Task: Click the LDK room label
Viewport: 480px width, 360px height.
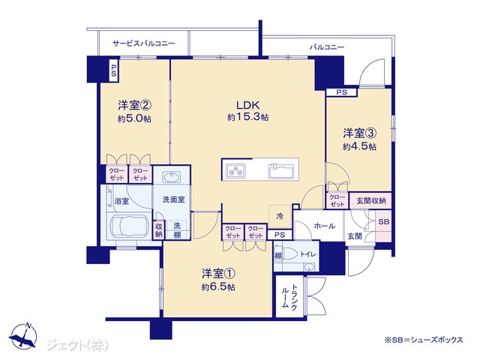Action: point(248,105)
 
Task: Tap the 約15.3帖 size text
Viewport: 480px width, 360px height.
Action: point(248,117)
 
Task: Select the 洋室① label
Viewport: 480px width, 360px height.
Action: point(218,274)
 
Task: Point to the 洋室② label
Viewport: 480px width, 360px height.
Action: point(135,106)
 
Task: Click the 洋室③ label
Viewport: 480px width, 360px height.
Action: point(360,133)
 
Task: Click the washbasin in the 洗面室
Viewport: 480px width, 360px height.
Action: point(172,178)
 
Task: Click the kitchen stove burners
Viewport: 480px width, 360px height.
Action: point(235,170)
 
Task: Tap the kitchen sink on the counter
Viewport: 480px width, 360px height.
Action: point(281,171)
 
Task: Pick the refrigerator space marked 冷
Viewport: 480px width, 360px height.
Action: point(280,216)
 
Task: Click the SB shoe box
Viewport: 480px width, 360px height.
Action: point(383,221)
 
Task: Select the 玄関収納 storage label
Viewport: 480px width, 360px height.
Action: point(371,201)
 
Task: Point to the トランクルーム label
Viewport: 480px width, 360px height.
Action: point(289,296)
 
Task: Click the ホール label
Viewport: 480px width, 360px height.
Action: point(325,226)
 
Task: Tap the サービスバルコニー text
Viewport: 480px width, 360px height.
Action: point(144,43)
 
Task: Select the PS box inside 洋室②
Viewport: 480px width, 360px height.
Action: point(114,70)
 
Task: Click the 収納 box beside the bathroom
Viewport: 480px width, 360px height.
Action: point(158,230)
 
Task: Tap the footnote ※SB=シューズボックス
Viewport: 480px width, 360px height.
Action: point(424,340)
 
